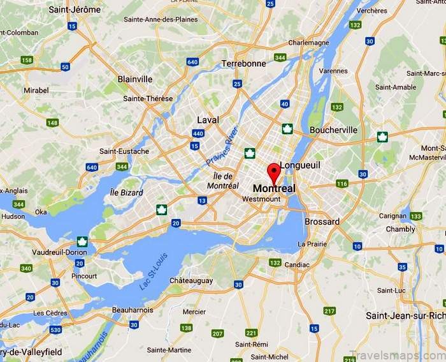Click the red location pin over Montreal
273,172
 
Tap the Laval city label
208,119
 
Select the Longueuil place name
299,165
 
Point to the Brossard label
322,222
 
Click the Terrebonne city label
243,64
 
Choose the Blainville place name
135,79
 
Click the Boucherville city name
333,130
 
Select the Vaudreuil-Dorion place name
60,252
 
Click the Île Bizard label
127,192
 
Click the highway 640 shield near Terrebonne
193,62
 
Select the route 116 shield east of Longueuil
342,184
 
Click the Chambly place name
400,229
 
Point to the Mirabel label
36,91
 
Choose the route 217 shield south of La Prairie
329,311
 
